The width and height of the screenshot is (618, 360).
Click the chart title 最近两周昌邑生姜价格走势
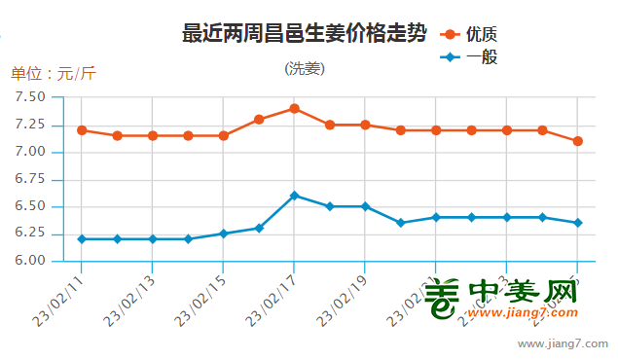coord(304,33)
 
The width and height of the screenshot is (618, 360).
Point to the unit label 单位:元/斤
coord(54,73)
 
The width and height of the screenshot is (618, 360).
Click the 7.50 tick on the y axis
coord(30,97)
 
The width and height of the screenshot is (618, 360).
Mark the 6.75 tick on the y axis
coord(30,179)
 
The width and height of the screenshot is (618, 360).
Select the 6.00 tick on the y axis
coord(30,261)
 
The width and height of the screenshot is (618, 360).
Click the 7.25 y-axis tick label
coord(30,125)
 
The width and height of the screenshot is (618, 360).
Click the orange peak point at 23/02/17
coord(294,108)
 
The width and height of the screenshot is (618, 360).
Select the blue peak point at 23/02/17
coord(294,196)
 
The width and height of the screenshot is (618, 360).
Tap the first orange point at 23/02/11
coord(82,130)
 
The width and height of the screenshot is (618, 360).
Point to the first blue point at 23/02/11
coord(82,238)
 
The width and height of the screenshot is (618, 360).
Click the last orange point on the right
coord(577,141)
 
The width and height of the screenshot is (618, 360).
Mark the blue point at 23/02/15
coord(223,234)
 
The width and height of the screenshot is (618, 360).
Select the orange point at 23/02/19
coord(365,125)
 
